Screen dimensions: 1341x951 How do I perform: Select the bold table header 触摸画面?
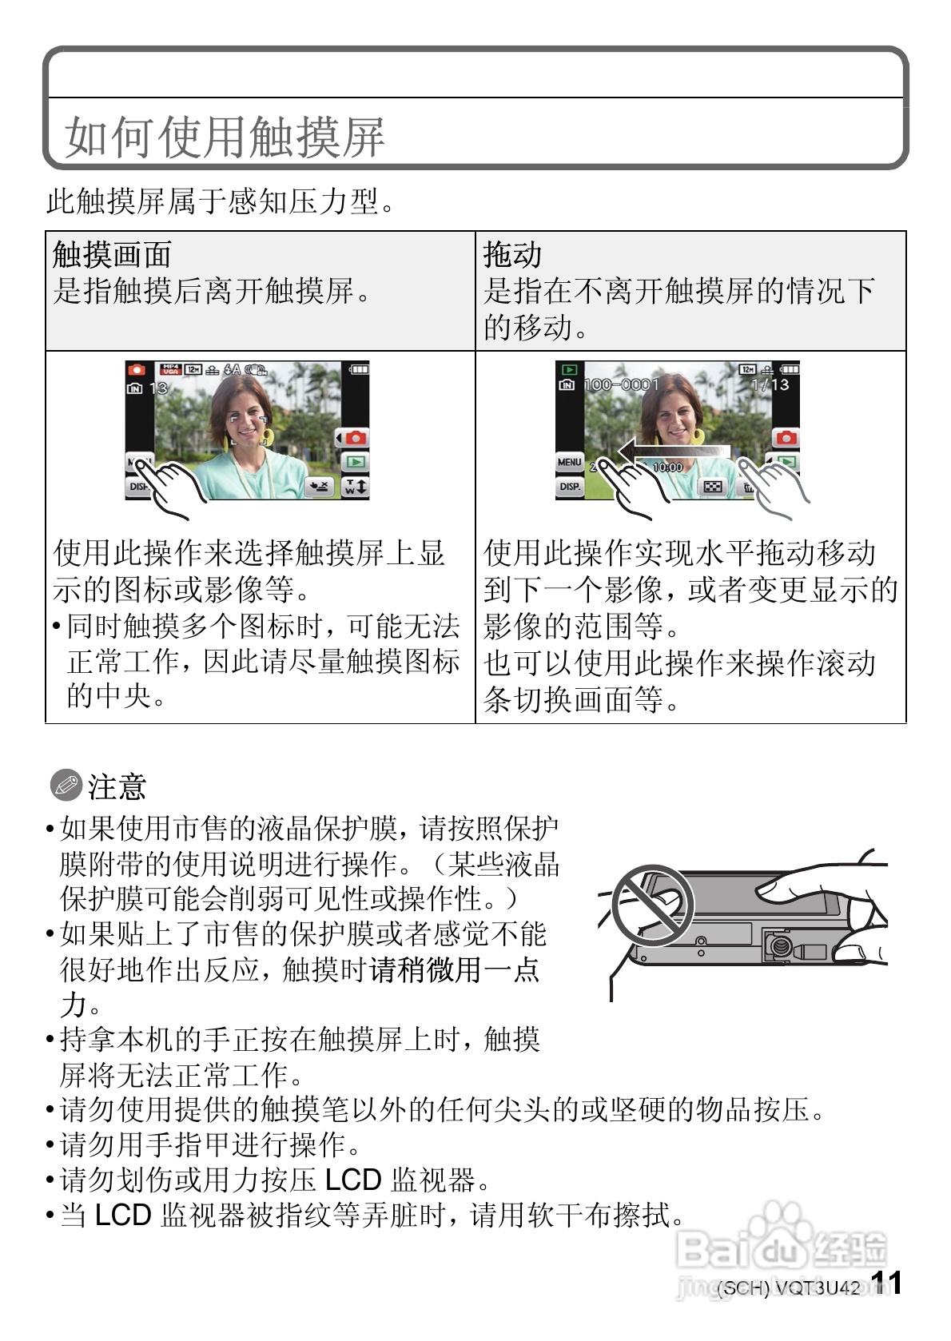pyautogui.click(x=112, y=255)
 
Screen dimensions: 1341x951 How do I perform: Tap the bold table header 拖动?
pyautogui.click(x=512, y=255)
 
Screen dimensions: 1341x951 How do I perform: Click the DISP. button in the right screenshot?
pyautogui.click(x=570, y=486)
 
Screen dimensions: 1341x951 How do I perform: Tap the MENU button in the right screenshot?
pyautogui.click(x=569, y=462)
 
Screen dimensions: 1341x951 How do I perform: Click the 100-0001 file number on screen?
pyautogui.click(x=621, y=385)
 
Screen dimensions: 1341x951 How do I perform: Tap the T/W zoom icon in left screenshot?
pyautogui.click(x=355, y=487)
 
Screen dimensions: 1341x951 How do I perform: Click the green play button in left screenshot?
pyautogui.click(x=355, y=462)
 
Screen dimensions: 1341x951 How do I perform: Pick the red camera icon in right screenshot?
pyautogui.click(x=786, y=438)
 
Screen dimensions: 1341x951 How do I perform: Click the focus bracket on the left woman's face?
pyautogui.click(x=249, y=428)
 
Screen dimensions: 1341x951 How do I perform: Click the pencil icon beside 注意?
pyautogui.click(x=66, y=786)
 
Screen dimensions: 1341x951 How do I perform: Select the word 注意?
pyautogui.click(x=117, y=786)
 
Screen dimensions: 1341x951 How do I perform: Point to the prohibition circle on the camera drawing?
pyautogui.click(x=652, y=906)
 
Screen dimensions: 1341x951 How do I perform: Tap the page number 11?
pyautogui.click(x=887, y=1283)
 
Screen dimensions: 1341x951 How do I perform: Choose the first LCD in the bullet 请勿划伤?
pyautogui.click(x=354, y=1180)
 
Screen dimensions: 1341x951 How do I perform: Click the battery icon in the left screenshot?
pyautogui.click(x=360, y=369)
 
